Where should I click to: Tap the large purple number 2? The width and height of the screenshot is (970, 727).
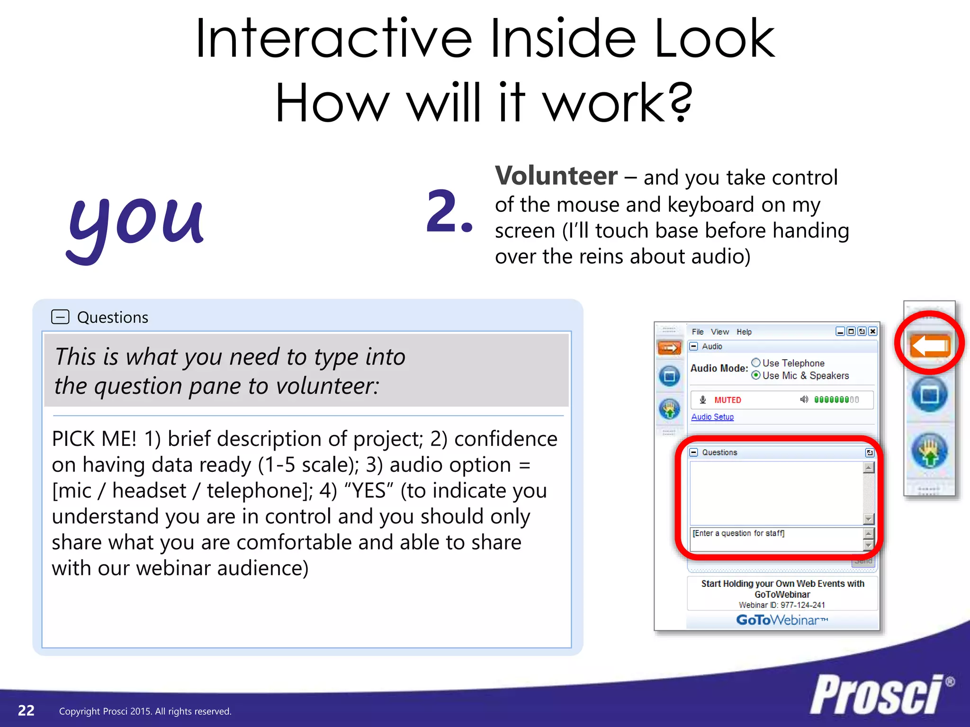449,212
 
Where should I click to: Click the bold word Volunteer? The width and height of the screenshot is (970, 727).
556,176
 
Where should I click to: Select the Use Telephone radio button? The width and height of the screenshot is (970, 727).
756,363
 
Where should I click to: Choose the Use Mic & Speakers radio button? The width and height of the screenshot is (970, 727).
756,375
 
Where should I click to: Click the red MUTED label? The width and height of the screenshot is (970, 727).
727,400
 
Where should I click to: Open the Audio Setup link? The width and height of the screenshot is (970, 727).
712,417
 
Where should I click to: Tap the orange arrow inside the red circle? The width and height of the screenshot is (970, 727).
930,346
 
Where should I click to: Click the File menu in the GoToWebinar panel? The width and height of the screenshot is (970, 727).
697,332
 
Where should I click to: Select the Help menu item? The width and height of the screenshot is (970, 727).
744,332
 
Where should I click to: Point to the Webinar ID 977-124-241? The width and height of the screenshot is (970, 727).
782,605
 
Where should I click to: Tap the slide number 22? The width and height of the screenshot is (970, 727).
26,710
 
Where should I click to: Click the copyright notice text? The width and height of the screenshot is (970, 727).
145,711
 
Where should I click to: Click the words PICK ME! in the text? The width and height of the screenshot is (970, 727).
94,439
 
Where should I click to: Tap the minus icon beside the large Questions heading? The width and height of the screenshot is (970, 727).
60,317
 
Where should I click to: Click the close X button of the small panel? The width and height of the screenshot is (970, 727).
873,332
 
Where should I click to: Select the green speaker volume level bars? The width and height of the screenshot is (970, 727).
836,400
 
